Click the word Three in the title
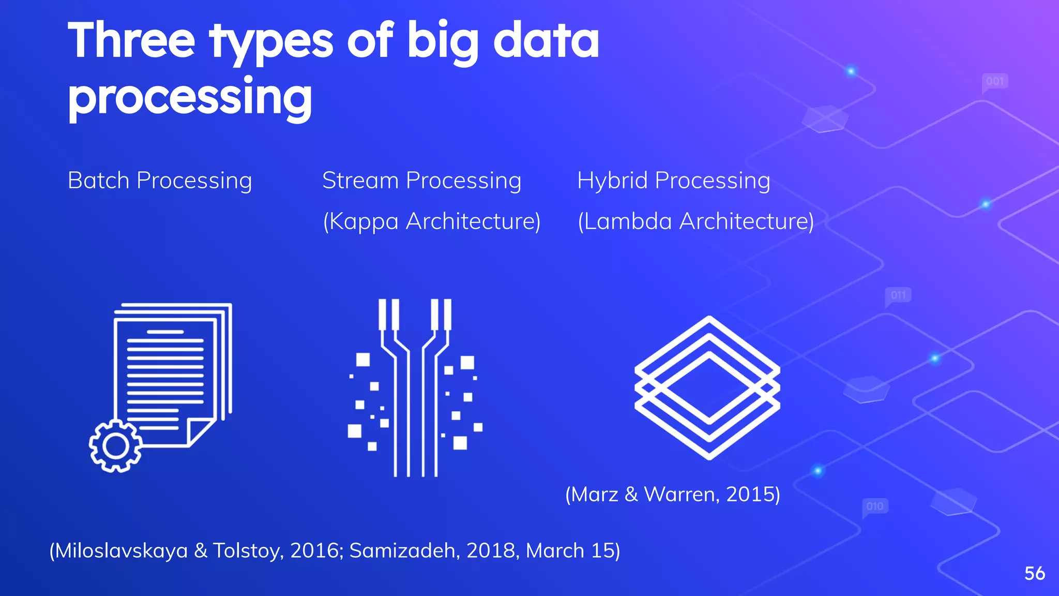click(x=131, y=41)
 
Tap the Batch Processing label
click(x=160, y=181)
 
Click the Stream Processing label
click(x=421, y=181)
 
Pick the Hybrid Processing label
click(x=673, y=181)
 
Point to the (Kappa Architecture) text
click(x=432, y=221)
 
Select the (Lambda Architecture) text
click(x=695, y=221)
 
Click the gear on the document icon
click(x=115, y=446)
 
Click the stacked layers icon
click(x=707, y=388)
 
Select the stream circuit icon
click(x=415, y=388)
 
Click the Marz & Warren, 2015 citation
click(x=673, y=494)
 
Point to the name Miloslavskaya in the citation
click(x=121, y=550)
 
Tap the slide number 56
click(x=1034, y=573)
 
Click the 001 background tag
click(x=995, y=81)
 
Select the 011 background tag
click(x=898, y=295)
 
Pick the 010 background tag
click(x=875, y=506)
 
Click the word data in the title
click(x=546, y=41)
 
